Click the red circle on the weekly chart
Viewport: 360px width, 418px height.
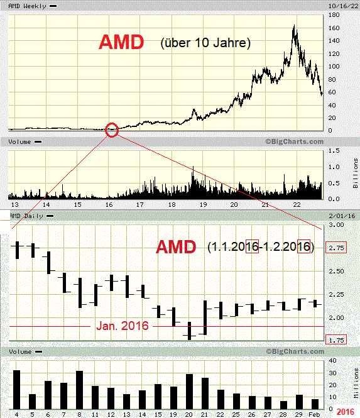click(x=112, y=130)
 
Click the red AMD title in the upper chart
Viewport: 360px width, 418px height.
click(x=121, y=43)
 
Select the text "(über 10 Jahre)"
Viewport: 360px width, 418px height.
click(x=205, y=43)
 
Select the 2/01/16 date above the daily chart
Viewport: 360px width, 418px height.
click(x=337, y=216)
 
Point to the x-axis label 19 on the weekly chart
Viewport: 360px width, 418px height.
click(x=202, y=205)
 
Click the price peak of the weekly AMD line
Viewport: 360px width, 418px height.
click(x=295, y=26)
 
